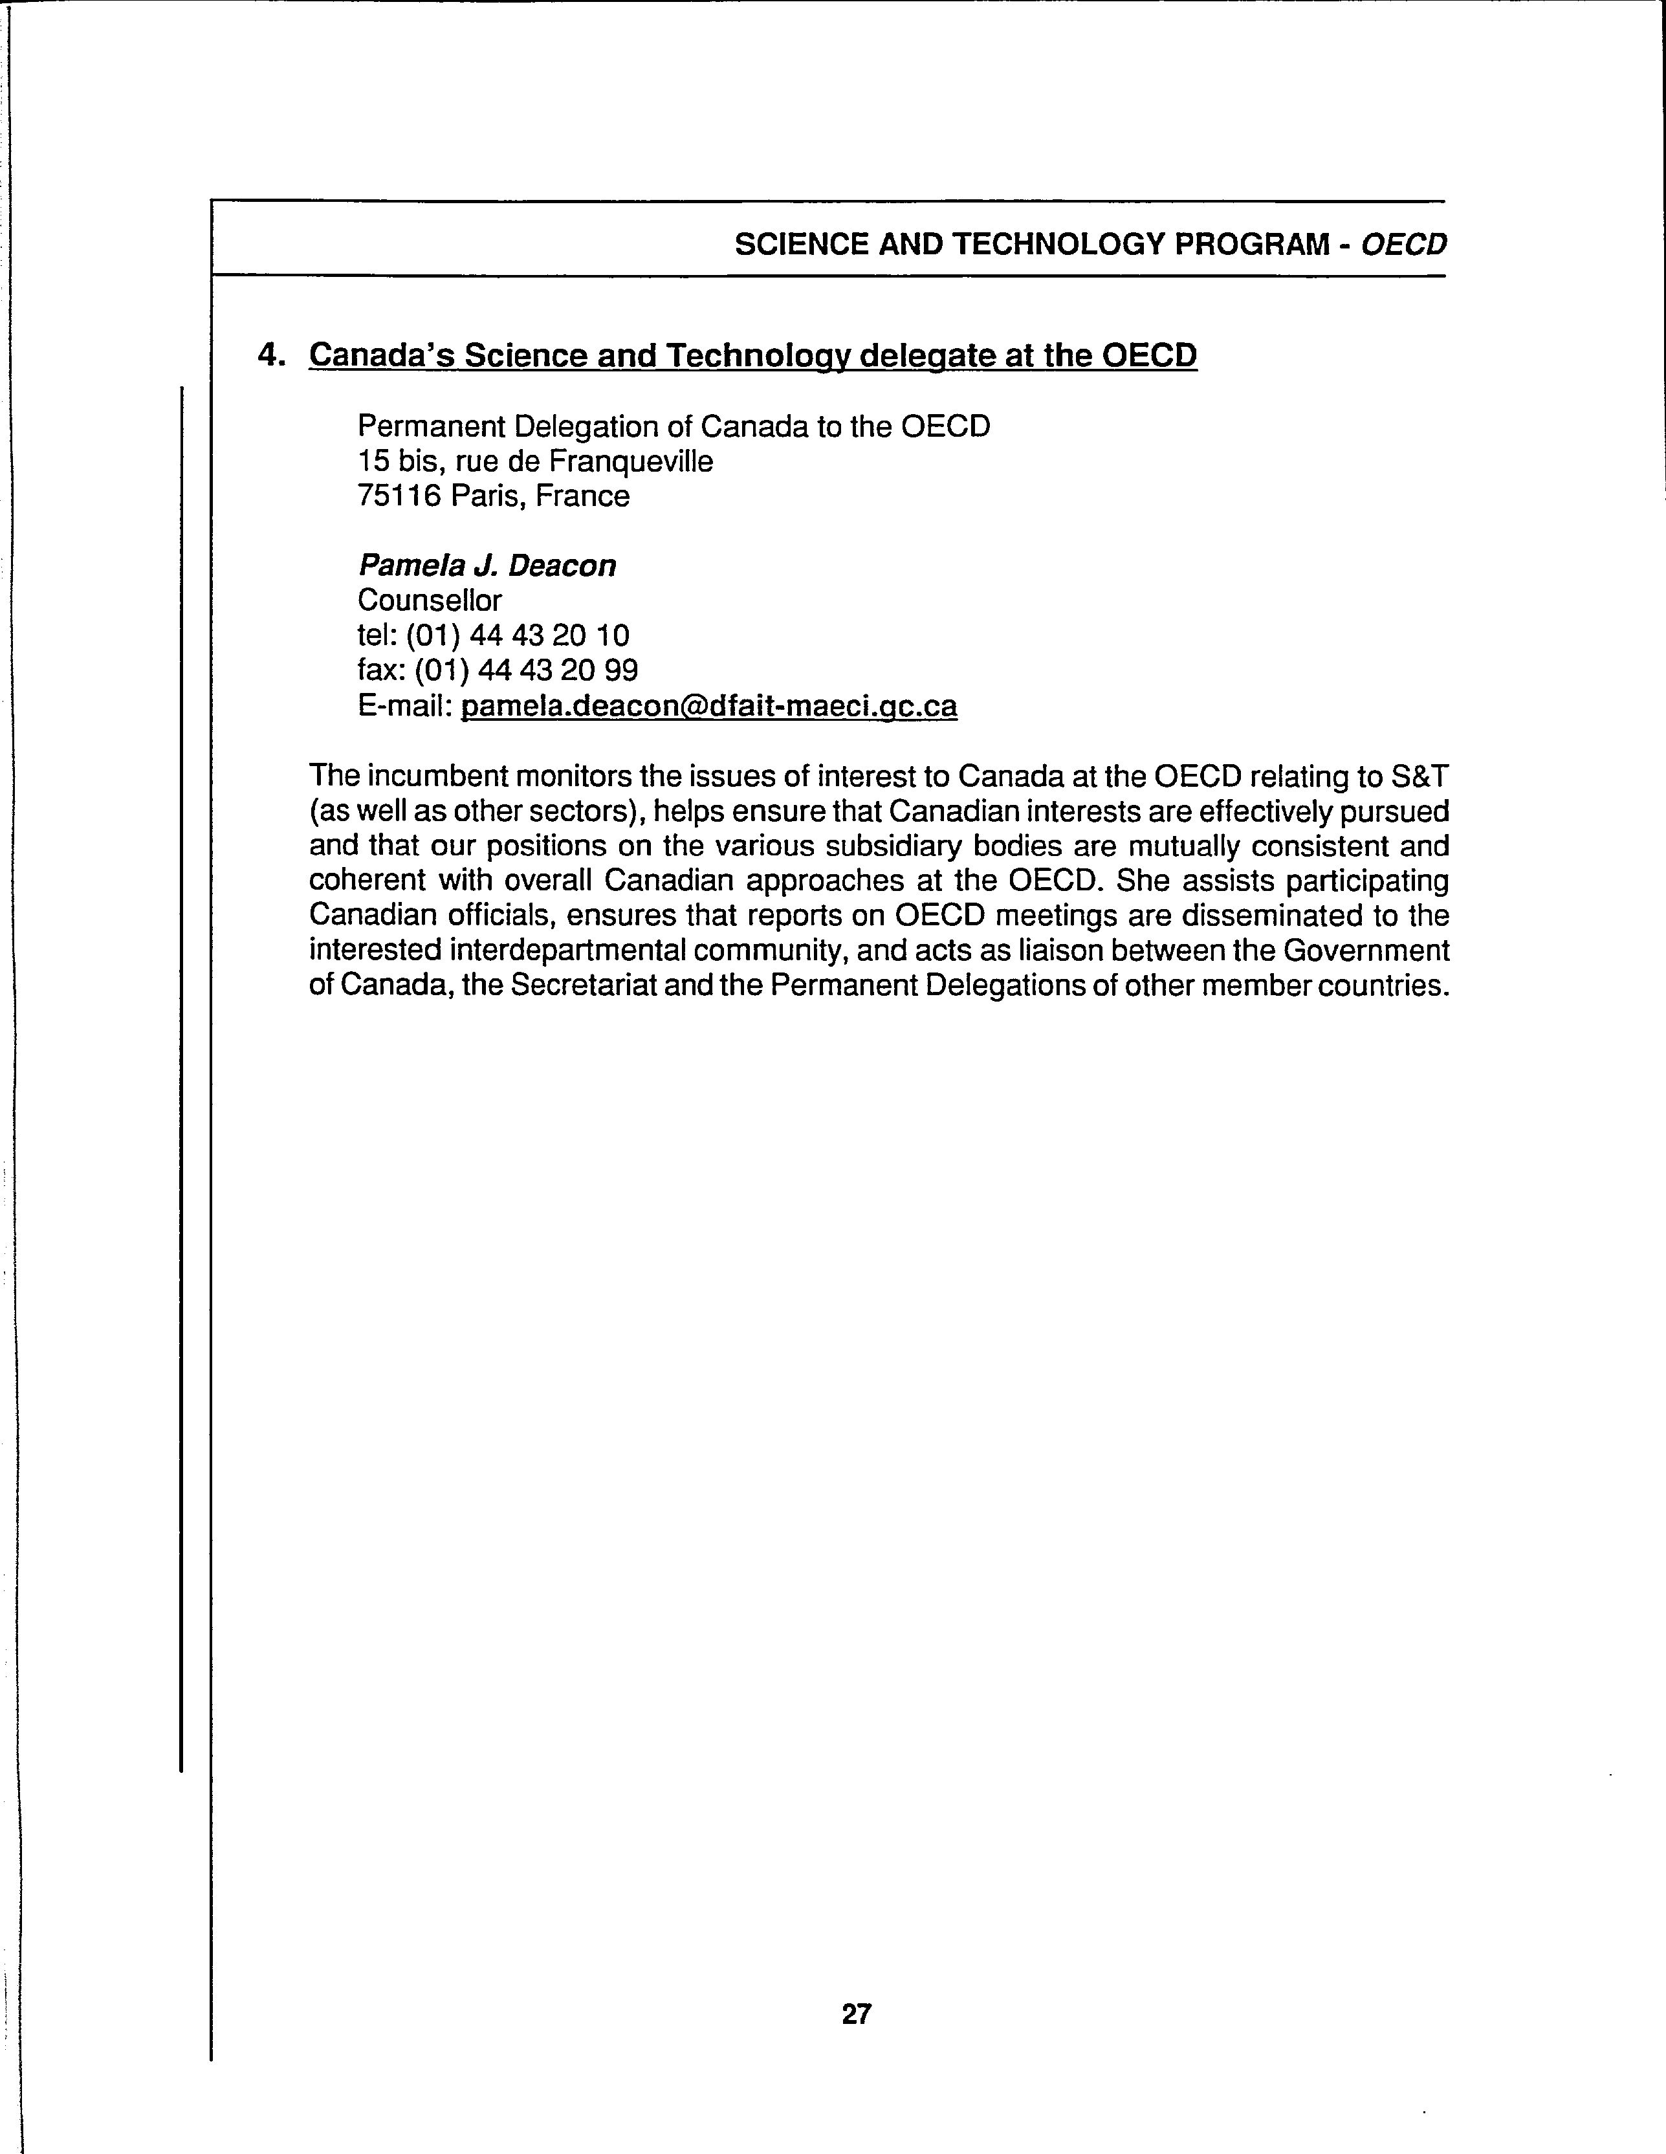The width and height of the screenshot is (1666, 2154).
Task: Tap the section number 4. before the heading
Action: coord(271,355)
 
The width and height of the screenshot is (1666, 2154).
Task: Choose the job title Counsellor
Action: coord(429,600)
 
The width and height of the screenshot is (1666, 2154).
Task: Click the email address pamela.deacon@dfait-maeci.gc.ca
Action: coord(709,706)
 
